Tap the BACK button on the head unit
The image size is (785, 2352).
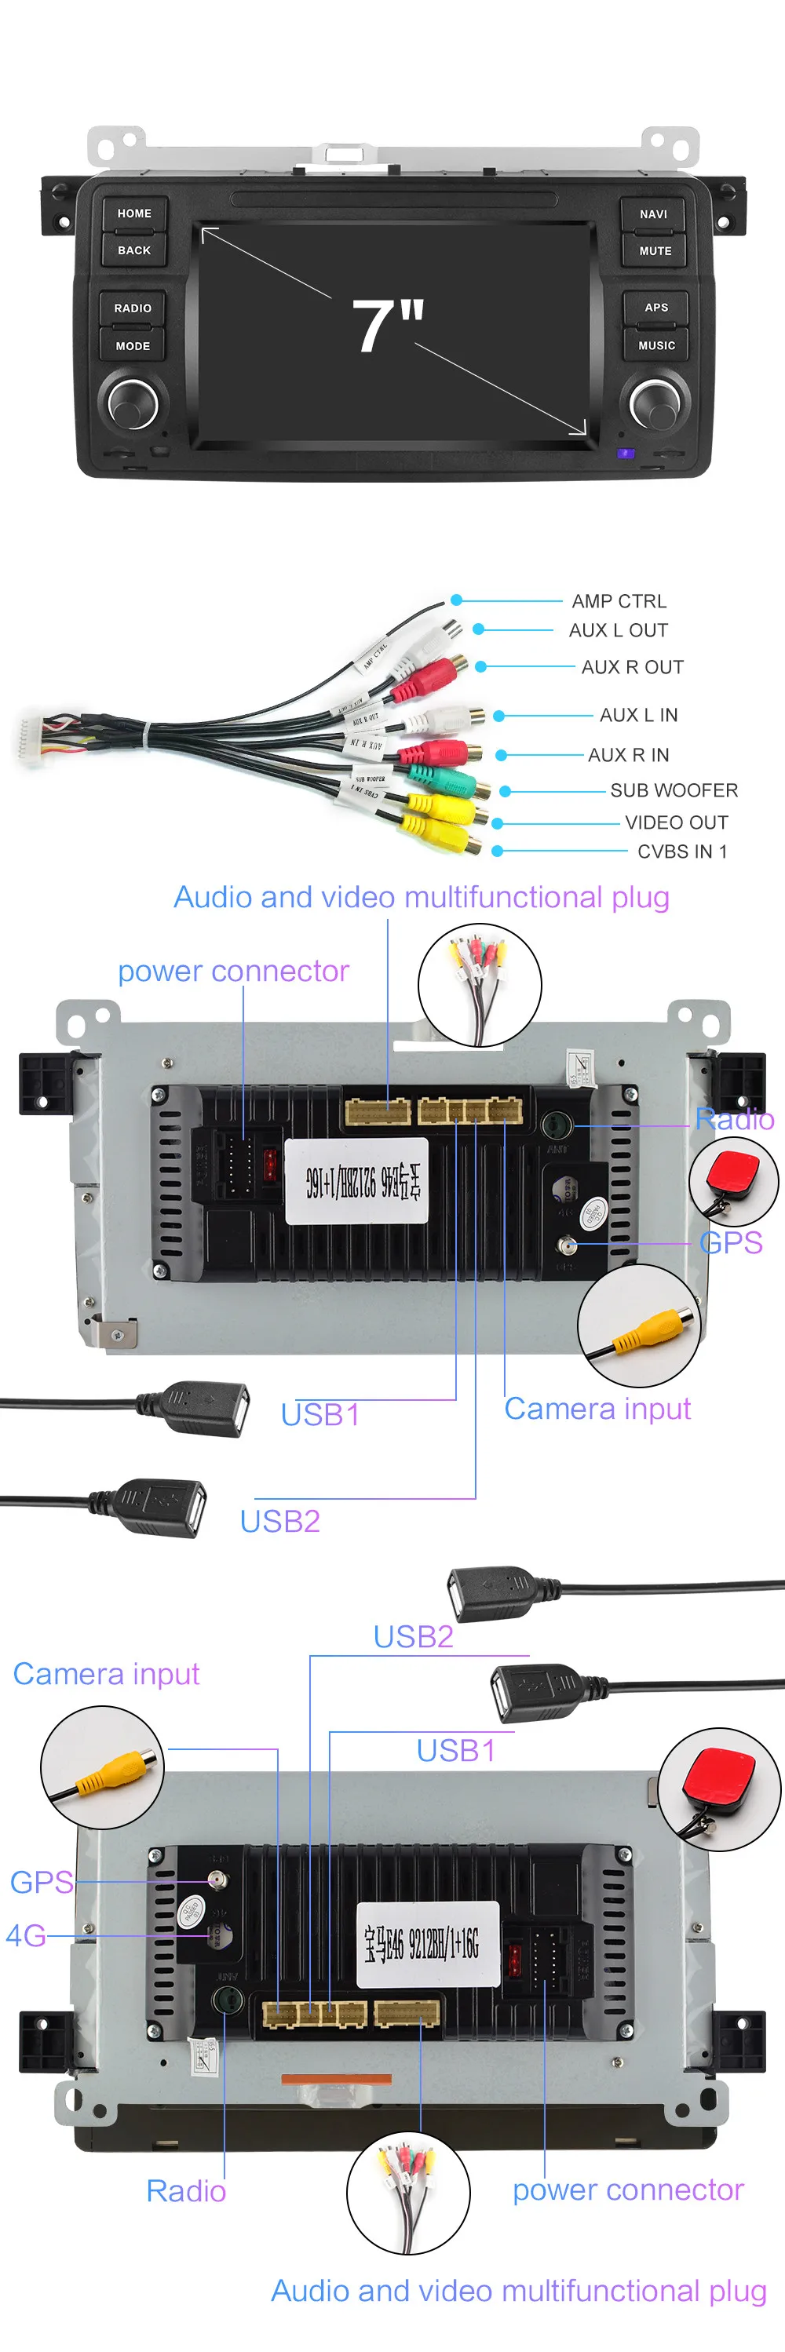(x=133, y=250)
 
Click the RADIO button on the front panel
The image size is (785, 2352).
(x=133, y=308)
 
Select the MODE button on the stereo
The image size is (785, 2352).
(x=133, y=346)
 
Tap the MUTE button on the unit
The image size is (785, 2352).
(x=655, y=251)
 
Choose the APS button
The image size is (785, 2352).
(x=655, y=308)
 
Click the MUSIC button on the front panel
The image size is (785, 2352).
(x=655, y=346)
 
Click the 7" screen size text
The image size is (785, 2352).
(x=387, y=326)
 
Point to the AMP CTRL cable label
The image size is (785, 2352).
(x=619, y=602)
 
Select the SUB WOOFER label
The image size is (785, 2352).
(x=674, y=791)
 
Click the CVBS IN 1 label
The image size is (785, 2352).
(x=682, y=851)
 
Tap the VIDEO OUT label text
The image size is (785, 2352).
(x=677, y=822)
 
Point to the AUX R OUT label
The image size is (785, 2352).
(x=632, y=667)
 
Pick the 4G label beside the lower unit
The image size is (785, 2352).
(x=26, y=1934)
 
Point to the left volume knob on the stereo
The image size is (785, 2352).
(x=133, y=403)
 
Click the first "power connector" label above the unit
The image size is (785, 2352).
(x=233, y=972)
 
